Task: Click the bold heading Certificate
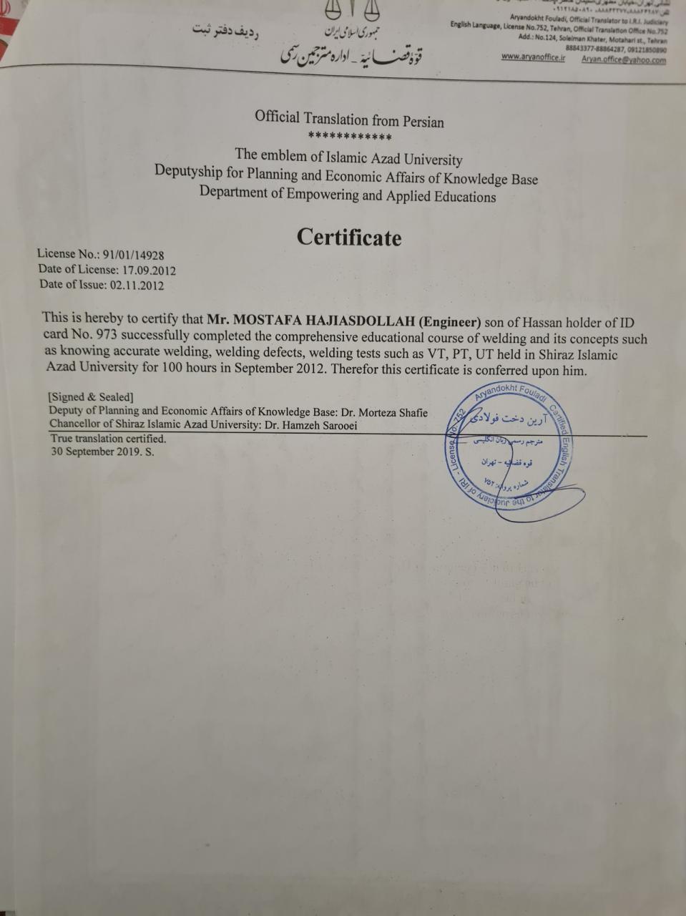349,238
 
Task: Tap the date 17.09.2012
149,270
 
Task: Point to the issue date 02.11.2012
136,285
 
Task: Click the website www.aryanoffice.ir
533,57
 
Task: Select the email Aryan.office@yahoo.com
623,60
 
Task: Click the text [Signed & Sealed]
91,397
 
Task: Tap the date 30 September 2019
94,452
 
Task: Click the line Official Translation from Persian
349,120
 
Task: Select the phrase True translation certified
108,439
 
